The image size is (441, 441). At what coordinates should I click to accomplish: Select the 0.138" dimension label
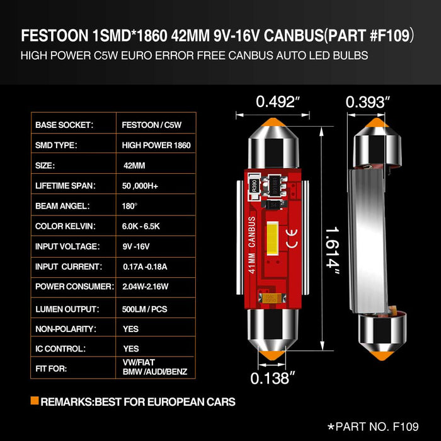[x=273, y=378]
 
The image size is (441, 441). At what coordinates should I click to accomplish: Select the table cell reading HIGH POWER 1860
[x=156, y=145]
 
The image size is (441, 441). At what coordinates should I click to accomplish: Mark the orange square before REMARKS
[x=34, y=401]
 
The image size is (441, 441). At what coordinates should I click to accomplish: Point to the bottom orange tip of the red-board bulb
[x=273, y=356]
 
